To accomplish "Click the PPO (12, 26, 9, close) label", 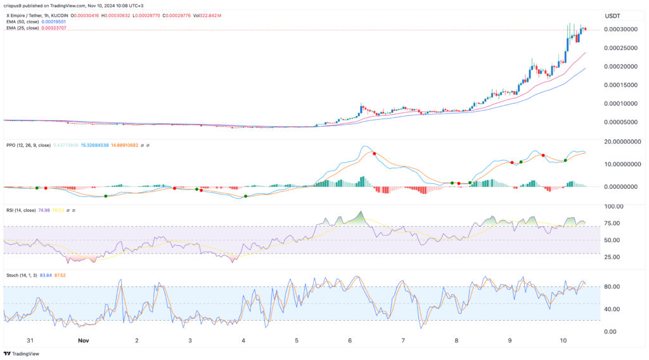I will click(28, 145).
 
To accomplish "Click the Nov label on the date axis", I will click(83, 340).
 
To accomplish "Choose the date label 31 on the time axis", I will click(30, 340).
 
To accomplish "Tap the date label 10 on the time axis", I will click(564, 340).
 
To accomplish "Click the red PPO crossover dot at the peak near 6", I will click(374, 153).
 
